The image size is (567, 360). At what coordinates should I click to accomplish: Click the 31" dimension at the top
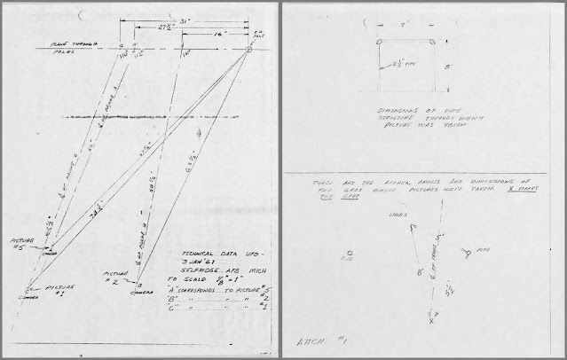(x=184, y=20)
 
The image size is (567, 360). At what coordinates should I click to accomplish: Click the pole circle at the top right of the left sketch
(x=249, y=49)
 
